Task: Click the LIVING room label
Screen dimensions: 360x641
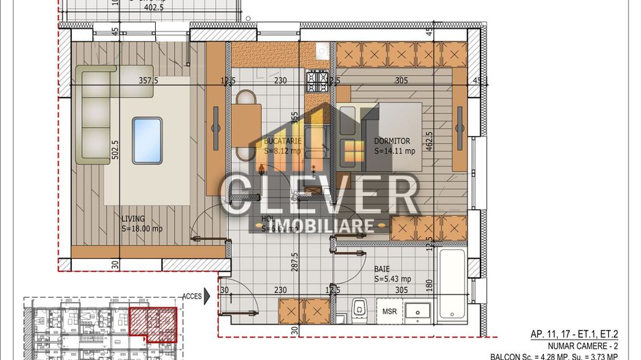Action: (x=133, y=219)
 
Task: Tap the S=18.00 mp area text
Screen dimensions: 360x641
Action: (x=142, y=229)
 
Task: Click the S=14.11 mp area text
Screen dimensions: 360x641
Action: (x=394, y=151)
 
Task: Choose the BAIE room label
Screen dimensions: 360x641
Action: (x=382, y=269)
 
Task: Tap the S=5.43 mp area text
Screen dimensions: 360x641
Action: (x=392, y=279)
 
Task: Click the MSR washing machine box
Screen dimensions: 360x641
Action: (x=390, y=312)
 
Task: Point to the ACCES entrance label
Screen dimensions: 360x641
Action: (x=192, y=296)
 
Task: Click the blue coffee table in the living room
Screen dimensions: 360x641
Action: (x=147, y=140)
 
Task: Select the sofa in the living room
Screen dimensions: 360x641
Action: (x=95, y=114)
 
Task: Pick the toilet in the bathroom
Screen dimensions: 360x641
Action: (x=358, y=310)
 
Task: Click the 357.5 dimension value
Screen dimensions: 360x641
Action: (x=149, y=80)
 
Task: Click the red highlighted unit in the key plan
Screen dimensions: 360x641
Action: (x=153, y=324)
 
